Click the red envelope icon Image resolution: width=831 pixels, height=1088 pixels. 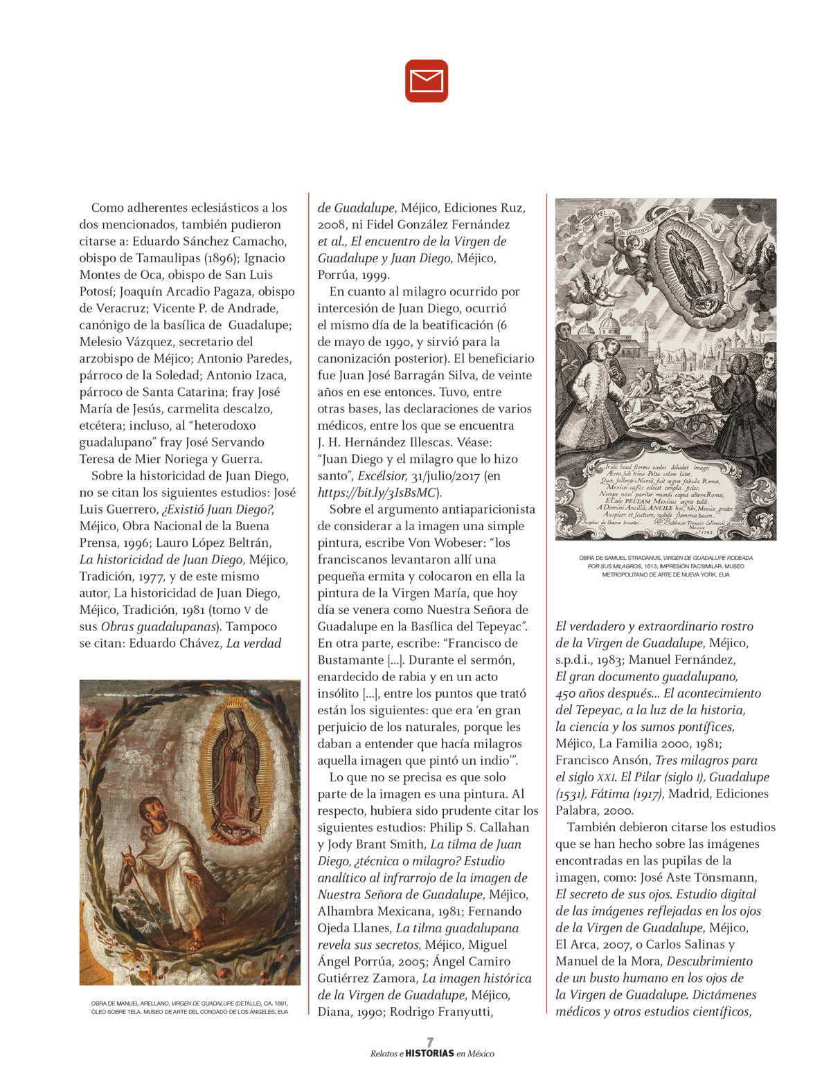427,81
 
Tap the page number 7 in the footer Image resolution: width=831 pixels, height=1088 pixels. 430,1042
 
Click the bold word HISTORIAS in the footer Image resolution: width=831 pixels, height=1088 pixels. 429,1053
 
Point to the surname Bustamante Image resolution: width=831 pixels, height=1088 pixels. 350,660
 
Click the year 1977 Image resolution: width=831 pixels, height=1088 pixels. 145,577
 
